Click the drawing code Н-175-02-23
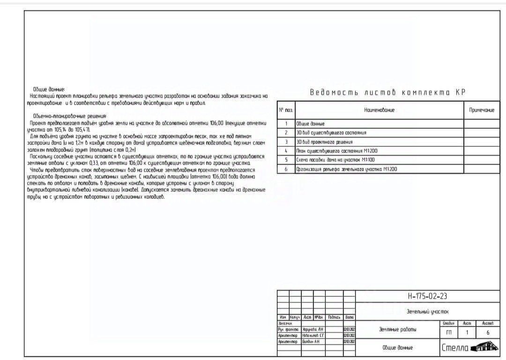427,296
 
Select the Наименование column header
379,110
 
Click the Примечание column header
482,110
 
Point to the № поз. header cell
286,110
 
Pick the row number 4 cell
286,151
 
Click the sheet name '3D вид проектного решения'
324,142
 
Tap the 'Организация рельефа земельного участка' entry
346,169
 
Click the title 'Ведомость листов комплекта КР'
387,92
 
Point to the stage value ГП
449,332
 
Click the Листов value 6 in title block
488,332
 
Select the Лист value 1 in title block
467,332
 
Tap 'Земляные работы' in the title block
397,330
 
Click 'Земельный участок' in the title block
427,311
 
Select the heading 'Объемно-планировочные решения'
70,116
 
